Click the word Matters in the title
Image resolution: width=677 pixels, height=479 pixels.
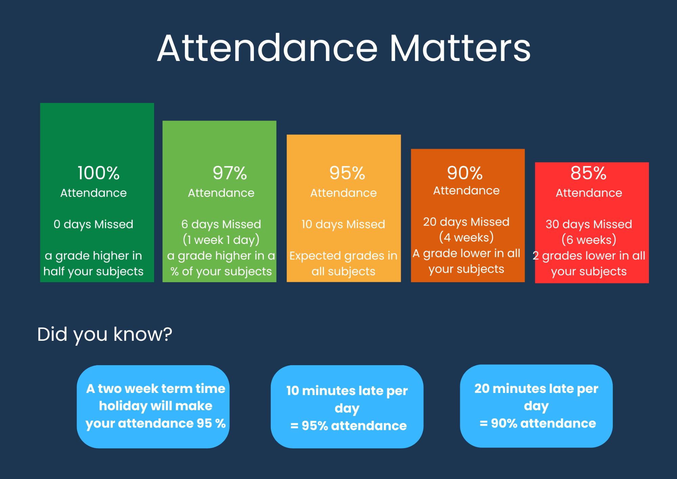pyautogui.click(x=460, y=48)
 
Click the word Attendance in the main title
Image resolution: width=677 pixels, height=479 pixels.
pyautogui.click(x=267, y=48)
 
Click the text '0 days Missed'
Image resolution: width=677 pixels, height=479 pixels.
pyautogui.click(x=93, y=225)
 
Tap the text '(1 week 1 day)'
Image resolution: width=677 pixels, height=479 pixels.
pyautogui.click(x=221, y=240)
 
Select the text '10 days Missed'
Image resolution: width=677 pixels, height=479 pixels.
pyautogui.click(x=343, y=225)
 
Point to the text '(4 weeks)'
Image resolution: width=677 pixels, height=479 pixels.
pyautogui.click(x=466, y=237)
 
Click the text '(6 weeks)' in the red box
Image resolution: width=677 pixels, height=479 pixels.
pyautogui.click(x=589, y=240)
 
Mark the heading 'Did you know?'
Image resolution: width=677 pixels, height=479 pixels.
pyautogui.click(x=105, y=335)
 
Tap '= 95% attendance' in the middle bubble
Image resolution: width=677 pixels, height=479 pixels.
pyautogui.click(x=348, y=426)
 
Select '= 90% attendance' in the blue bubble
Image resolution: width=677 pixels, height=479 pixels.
pyautogui.click(x=538, y=423)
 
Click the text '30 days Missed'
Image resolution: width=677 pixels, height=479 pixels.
pyautogui.click(x=589, y=225)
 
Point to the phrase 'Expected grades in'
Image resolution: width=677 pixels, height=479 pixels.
pyautogui.click(x=343, y=256)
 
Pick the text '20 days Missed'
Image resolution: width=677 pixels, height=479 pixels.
pyautogui.click(x=466, y=222)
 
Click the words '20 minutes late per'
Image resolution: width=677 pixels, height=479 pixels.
pyautogui.click(x=537, y=389)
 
